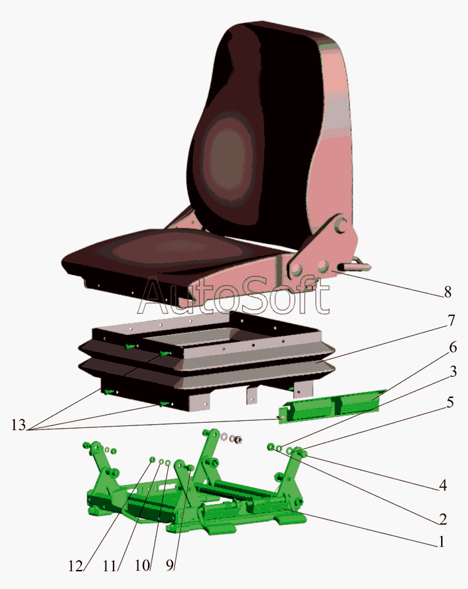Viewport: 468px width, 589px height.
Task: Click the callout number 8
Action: pyautogui.click(x=448, y=292)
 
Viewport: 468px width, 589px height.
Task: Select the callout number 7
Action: pyautogui.click(x=451, y=321)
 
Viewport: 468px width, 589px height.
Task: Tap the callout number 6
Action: pyautogui.click(x=453, y=348)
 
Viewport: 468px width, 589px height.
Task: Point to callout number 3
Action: pyautogui.click(x=453, y=372)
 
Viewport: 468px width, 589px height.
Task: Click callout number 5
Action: pyautogui.click(x=450, y=402)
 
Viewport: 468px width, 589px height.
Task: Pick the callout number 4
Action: pyautogui.click(x=443, y=486)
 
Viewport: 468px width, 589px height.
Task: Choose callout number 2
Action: pyautogui.click(x=443, y=519)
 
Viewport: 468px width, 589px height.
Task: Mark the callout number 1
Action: pyautogui.click(x=441, y=542)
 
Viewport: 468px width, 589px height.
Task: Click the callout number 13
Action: pyautogui.click(x=18, y=425)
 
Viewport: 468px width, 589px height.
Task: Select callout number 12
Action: pyautogui.click(x=75, y=566)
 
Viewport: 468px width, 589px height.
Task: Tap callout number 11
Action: pyautogui.click(x=110, y=566)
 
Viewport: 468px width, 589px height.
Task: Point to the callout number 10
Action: pyautogui.click(x=143, y=565)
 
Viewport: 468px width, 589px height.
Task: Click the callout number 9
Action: pyautogui.click(x=170, y=565)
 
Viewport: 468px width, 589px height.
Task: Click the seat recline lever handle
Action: pyautogui.click(x=354, y=266)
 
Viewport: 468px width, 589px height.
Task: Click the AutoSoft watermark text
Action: pyautogui.click(x=233, y=296)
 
